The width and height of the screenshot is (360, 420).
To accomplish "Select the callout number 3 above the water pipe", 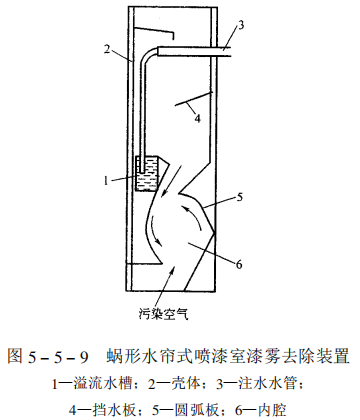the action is (240, 23).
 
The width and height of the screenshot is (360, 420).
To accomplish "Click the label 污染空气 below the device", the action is (164, 312).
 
